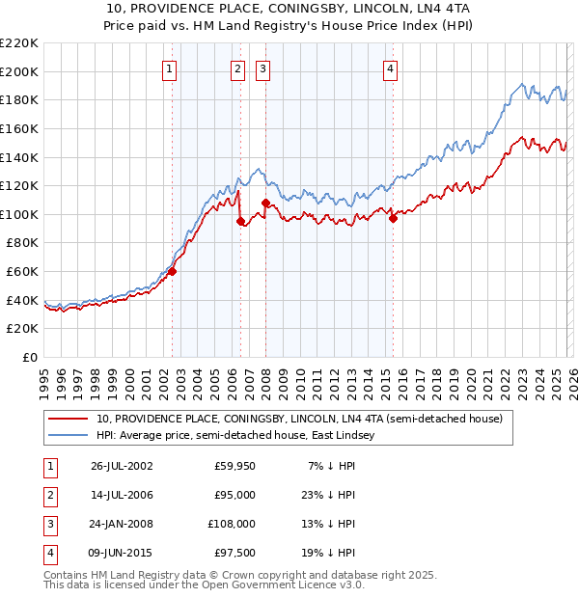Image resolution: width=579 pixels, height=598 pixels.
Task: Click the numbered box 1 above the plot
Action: coord(169,68)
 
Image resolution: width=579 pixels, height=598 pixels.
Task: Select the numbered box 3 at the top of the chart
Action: coord(263,68)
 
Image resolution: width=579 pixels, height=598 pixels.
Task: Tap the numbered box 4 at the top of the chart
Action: coord(390,68)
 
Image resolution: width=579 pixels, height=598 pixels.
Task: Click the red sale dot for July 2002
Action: coord(173,271)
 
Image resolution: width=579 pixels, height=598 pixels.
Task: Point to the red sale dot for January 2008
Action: coord(265,203)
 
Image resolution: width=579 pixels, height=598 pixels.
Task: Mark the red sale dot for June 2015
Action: coord(394,218)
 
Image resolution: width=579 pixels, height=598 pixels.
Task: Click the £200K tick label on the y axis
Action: coord(19,71)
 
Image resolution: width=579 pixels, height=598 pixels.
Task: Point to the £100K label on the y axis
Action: coord(19,214)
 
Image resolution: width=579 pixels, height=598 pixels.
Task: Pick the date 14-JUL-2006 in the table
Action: coord(124,495)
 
